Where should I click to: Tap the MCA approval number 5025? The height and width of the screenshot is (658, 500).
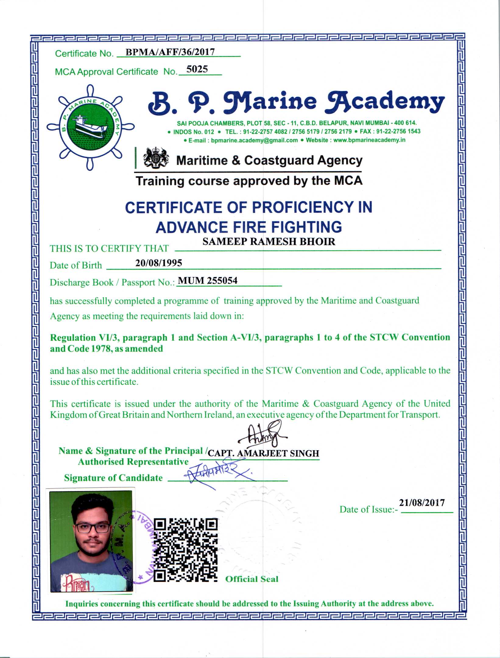(197, 69)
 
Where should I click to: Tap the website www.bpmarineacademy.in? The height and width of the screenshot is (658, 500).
(369, 140)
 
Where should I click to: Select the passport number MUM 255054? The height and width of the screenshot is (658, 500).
(207, 280)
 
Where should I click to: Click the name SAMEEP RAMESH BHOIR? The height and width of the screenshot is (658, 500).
(269, 241)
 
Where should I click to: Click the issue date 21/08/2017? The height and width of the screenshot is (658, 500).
(422, 503)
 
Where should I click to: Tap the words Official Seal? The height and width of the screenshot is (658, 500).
(252, 579)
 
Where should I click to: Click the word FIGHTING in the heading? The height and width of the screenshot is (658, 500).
(306, 227)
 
